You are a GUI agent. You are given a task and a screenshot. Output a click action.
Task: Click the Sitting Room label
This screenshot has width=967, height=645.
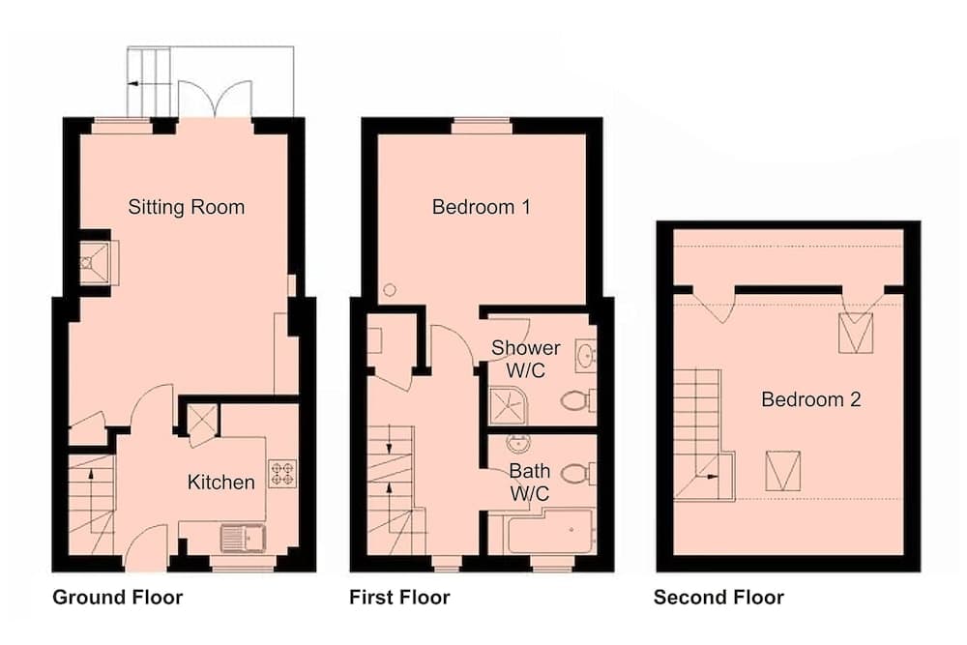point(186,207)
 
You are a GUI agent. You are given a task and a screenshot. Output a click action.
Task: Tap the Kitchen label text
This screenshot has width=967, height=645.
point(221,482)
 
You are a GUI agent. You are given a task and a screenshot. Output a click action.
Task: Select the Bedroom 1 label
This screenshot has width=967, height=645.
point(482,207)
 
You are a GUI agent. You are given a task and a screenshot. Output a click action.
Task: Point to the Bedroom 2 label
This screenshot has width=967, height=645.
point(810,399)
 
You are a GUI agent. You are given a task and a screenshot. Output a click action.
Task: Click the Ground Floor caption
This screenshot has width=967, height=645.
point(117,598)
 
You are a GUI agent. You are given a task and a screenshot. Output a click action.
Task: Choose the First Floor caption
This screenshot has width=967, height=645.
point(399,598)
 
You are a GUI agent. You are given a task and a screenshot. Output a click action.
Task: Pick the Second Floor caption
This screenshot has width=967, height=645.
point(718,598)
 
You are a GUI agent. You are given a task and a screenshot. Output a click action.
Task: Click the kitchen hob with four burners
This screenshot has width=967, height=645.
point(281,473)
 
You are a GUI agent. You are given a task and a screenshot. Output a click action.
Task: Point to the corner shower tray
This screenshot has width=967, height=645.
point(509,404)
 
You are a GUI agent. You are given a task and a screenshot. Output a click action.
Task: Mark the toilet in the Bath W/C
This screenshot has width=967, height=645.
point(577,473)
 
